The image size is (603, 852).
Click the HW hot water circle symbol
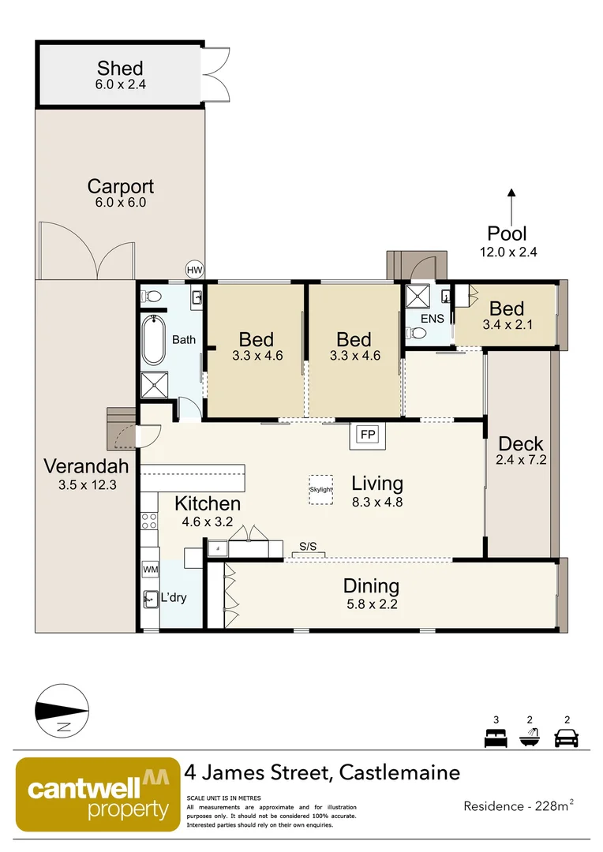click(x=194, y=270)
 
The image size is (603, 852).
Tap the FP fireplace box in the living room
click(x=367, y=435)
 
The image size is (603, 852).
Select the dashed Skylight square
click(x=320, y=489)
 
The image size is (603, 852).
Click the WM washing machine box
click(x=150, y=569)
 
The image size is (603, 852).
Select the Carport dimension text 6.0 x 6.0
click(x=120, y=203)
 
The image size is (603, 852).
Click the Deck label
click(x=521, y=444)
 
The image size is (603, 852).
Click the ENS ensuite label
click(x=433, y=319)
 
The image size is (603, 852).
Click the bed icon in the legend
click(x=495, y=738)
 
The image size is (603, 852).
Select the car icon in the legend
click(x=566, y=738)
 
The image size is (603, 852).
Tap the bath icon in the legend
click(x=530, y=738)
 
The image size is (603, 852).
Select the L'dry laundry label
click(x=173, y=597)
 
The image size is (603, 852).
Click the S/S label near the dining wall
click(x=309, y=546)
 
